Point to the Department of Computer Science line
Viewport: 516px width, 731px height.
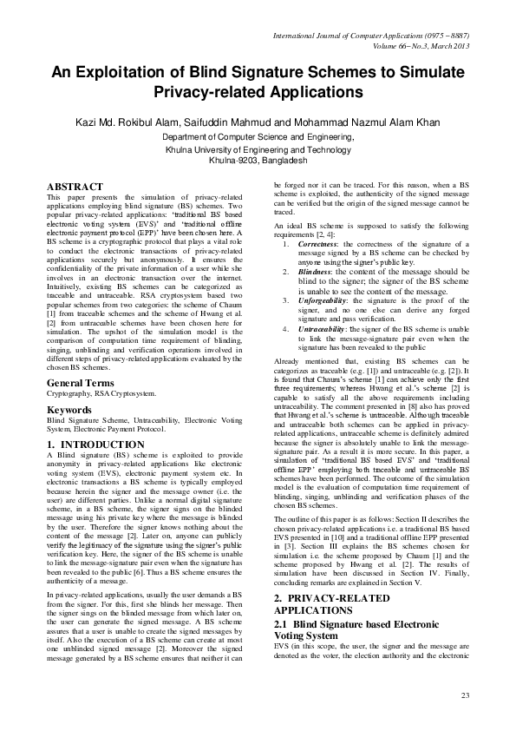258,137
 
